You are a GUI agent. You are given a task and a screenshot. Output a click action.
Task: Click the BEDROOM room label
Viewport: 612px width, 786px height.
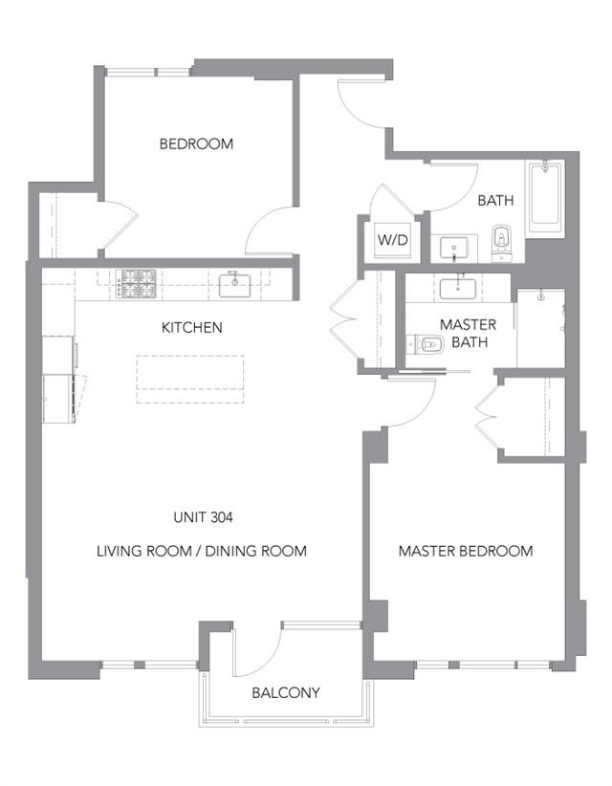click(x=196, y=143)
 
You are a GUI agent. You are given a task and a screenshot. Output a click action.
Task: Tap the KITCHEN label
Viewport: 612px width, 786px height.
click(x=191, y=327)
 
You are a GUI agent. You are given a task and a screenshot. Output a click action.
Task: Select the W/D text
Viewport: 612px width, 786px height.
click(x=392, y=240)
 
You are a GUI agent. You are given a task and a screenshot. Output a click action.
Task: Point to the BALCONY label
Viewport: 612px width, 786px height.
click(x=286, y=692)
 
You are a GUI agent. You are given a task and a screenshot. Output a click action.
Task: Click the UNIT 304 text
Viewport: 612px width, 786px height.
click(x=203, y=517)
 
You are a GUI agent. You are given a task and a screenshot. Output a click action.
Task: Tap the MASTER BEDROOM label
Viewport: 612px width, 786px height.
click(x=466, y=551)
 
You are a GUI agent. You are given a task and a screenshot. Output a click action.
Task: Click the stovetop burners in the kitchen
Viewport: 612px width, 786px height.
click(x=137, y=282)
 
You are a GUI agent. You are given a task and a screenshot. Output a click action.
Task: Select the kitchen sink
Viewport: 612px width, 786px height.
click(x=234, y=284)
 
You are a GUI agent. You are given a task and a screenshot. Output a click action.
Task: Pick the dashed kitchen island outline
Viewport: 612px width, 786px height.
click(x=190, y=379)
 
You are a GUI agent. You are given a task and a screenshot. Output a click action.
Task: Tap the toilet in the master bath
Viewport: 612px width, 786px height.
click(x=426, y=344)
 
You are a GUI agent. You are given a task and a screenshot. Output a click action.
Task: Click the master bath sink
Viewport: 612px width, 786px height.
click(x=458, y=288)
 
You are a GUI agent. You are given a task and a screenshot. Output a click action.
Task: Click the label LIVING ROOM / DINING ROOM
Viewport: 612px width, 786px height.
click(x=202, y=551)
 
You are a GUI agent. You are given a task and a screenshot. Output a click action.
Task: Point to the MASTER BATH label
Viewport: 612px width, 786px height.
click(x=469, y=333)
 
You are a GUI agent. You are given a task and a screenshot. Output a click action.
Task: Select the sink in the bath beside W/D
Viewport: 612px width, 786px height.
click(x=454, y=249)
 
